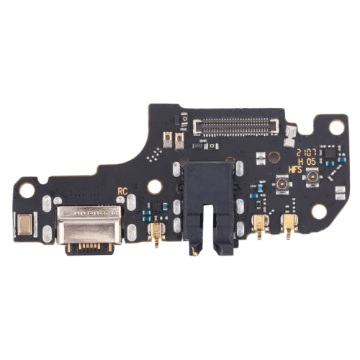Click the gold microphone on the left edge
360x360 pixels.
click(25, 225)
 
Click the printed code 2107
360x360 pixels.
click(307, 153)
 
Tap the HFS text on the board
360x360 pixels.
click(294, 170)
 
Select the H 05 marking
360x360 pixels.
click(308, 162)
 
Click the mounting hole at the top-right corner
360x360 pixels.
click(336, 127)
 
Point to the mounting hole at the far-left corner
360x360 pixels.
click(26, 191)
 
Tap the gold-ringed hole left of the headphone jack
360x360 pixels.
click(153, 186)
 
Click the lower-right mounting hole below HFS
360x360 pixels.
click(318, 212)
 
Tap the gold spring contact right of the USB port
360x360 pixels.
click(154, 232)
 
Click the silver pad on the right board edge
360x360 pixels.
click(339, 193)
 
